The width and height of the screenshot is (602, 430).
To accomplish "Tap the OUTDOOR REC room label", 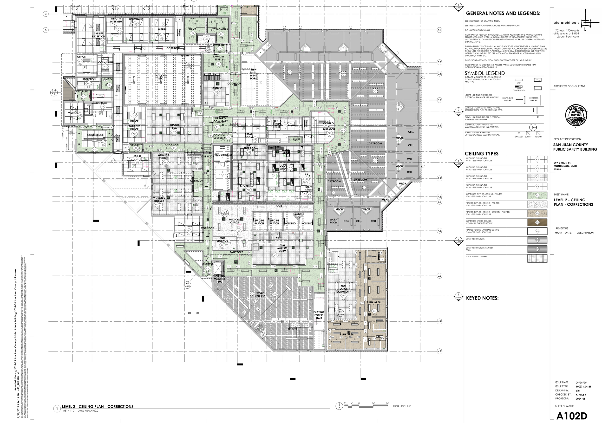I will (161, 77).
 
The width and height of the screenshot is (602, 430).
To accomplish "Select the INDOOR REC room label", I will (174, 126).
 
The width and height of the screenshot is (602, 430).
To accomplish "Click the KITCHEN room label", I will (245, 186).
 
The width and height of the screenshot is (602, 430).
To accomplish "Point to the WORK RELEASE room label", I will (260, 295).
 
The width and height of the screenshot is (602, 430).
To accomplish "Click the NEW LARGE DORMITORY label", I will (344, 289).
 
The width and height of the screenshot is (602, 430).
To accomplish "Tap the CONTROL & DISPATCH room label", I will (329, 126).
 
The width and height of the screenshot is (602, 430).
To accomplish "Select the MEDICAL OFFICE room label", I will (234, 221).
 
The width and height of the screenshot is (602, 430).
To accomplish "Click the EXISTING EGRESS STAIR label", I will (319, 315).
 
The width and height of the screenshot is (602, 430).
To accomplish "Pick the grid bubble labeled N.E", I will (439, 351).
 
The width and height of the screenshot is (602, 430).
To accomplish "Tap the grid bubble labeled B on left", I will (46, 14).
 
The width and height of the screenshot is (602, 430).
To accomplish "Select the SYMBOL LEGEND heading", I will (485, 73).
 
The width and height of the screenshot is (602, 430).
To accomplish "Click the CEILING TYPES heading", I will (482, 154).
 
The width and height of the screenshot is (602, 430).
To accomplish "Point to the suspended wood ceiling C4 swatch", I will (537, 222).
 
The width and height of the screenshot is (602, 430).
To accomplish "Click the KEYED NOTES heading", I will (482, 298).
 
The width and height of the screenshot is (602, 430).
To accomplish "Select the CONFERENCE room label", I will (95, 135).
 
